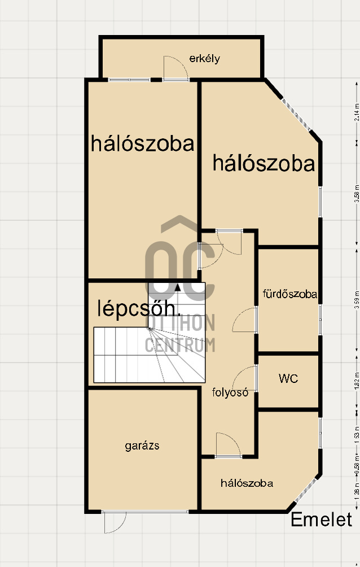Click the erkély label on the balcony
pos(204,58)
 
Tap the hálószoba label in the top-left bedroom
pos(143,143)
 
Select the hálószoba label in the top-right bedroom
pos(263,164)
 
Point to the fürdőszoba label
pos(289,294)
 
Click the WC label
pos(288,378)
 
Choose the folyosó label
pos(230,392)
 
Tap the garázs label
pos(142,446)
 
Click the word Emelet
pos(321,520)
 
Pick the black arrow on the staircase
pos(178,287)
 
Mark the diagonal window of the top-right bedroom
pos(296,115)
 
